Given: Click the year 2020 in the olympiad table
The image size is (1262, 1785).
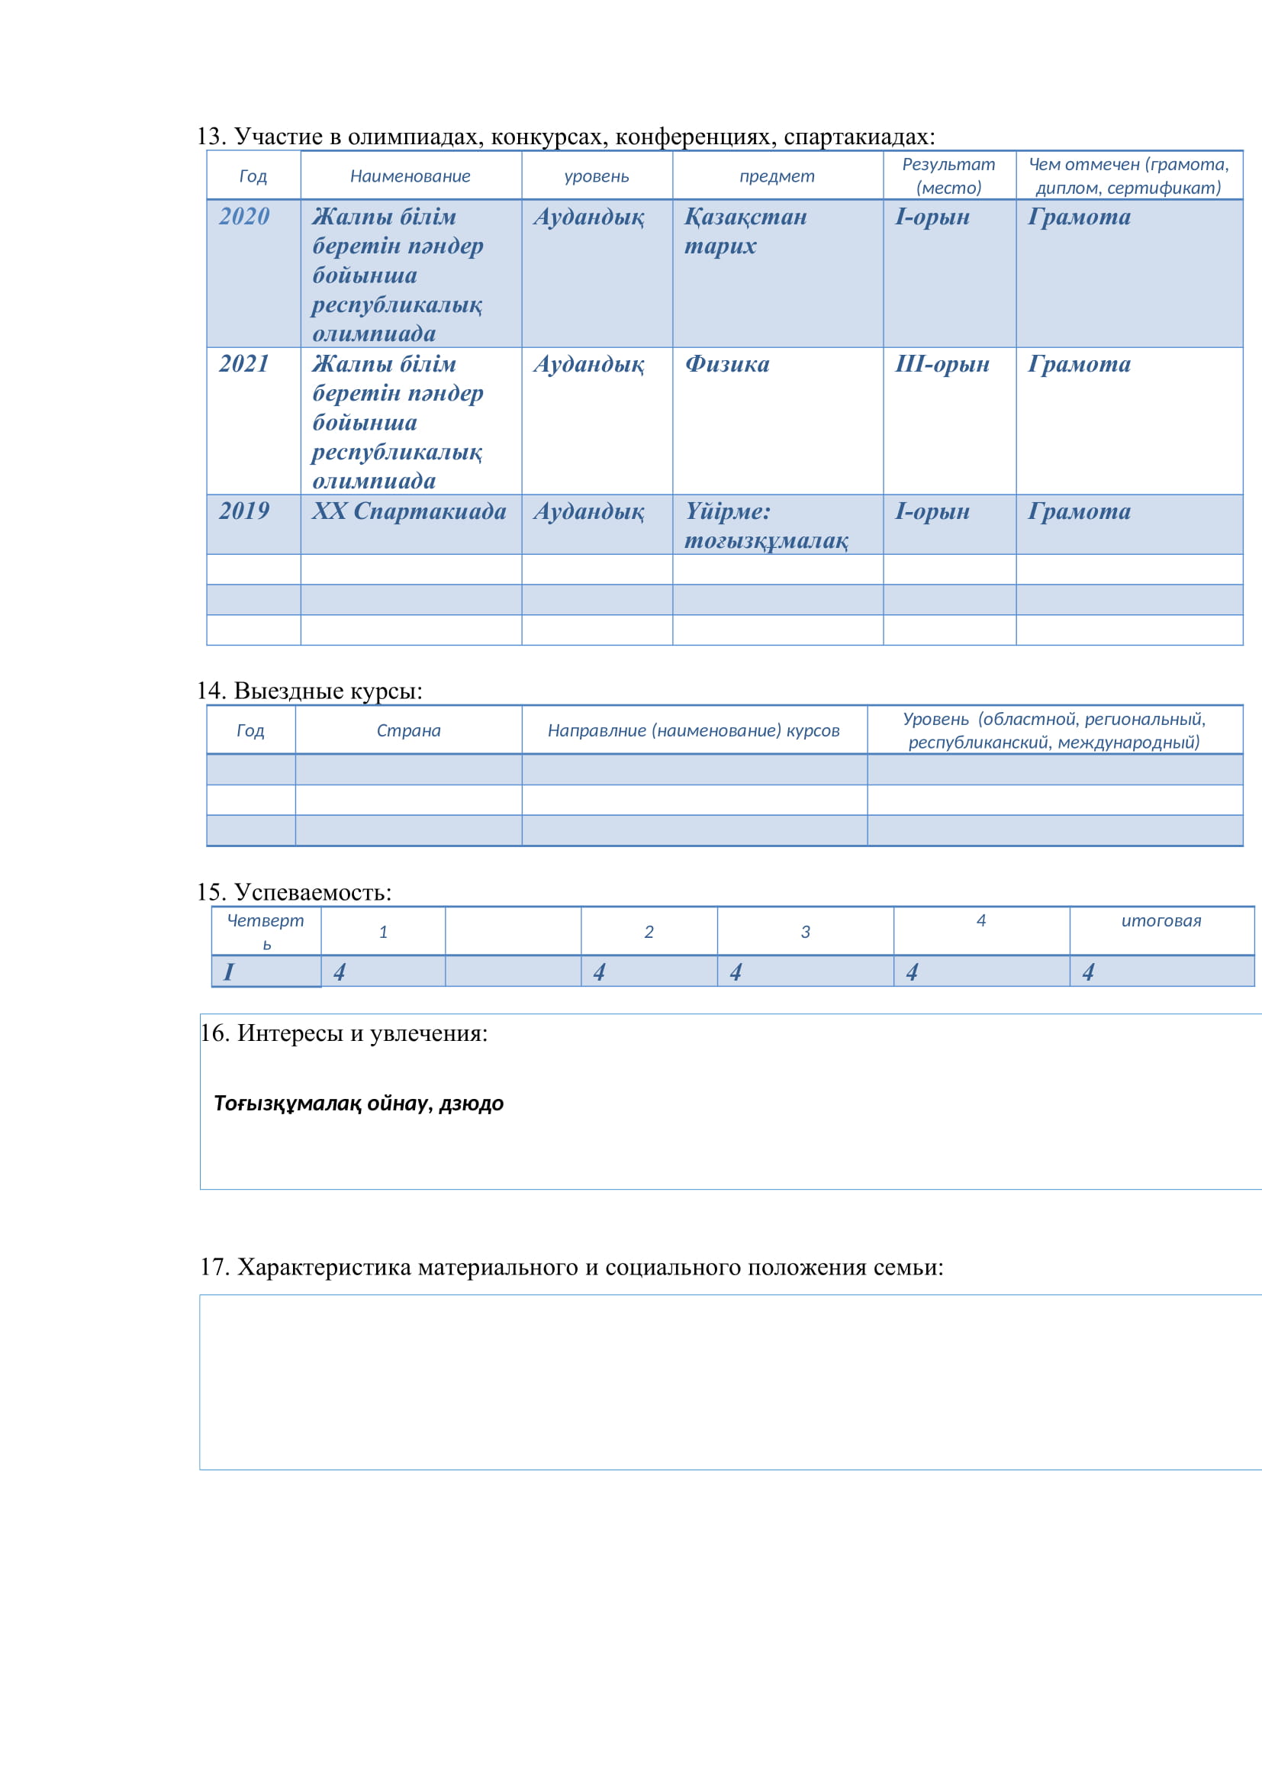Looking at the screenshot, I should click(244, 216).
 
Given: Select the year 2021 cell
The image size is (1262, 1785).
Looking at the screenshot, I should click(244, 364).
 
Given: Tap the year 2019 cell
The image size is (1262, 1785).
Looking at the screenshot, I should click(244, 511).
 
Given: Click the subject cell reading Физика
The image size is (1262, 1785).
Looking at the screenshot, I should click(726, 364).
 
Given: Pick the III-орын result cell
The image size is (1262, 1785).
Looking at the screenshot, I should click(942, 364).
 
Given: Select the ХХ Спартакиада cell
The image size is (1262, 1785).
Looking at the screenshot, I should click(409, 511).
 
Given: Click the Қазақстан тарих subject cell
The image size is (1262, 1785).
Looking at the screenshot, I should click(745, 231).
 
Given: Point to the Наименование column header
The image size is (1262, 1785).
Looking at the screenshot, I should click(410, 176).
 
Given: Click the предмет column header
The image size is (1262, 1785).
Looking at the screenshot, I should click(776, 176).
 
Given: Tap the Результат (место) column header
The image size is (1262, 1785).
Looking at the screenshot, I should click(948, 176).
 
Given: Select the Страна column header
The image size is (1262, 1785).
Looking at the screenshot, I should click(408, 731).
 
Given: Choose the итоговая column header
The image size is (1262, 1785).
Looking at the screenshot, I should click(1161, 921).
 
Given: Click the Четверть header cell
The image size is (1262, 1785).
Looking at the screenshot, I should click(265, 931).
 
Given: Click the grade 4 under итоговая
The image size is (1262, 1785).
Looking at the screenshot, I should click(1088, 971).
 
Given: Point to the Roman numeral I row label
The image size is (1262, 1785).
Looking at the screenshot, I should click(228, 971).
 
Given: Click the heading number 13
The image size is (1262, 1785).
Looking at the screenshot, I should click(210, 137).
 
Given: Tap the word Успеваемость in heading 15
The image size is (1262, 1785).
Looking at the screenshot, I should click(312, 893).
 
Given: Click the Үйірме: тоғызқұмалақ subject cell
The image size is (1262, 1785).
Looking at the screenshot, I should click(765, 526).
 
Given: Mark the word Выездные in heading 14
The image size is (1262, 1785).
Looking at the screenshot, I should click(288, 691).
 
